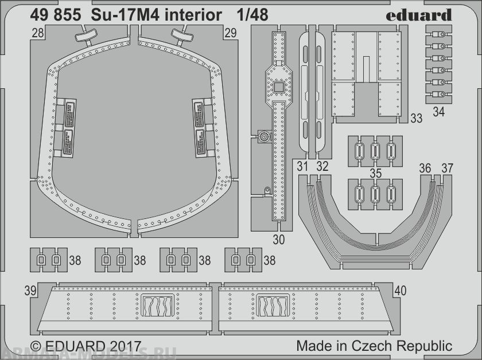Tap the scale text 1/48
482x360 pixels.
click(x=251, y=15)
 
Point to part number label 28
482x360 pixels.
click(x=38, y=34)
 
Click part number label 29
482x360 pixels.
click(x=231, y=34)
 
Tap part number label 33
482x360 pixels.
click(x=417, y=119)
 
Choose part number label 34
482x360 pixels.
click(x=438, y=112)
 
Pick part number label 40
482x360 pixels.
click(x=400, y=291)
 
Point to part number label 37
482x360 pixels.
click(x=447, y=168)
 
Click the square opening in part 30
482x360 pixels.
click(x=278, y=87)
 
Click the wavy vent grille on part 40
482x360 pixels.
click(x=273, y=306)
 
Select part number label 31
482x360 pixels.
click(x=304, y=167)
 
